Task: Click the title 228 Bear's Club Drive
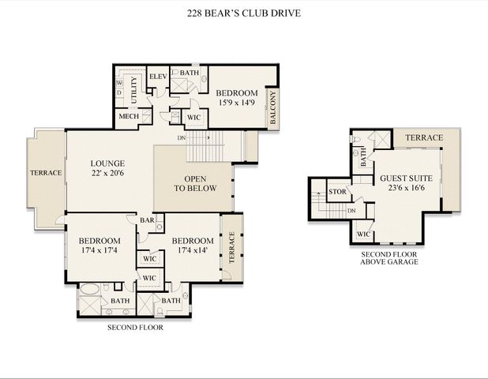click(x=244, y=13)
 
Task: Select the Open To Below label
click(x=194, y=183)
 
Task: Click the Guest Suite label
click(x=399, y=178)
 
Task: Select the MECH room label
click(x=129, y=117)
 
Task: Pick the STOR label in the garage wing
click(x=338, y=191)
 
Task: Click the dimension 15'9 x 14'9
click(x=237, y=101)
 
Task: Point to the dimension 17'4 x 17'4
click(x=99, y=250)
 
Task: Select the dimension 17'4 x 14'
click(x=193, y=250)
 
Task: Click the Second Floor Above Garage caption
click(x=389, y=257)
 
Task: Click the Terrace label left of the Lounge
click(x=47, y=172)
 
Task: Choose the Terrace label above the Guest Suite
click(x=424, y=137)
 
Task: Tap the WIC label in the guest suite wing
click(x=364, y=235)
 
